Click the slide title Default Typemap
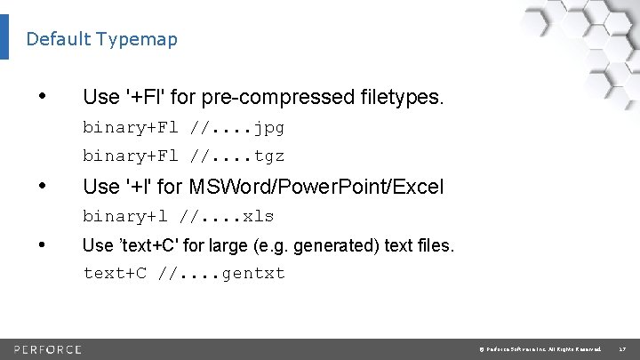(101, 39)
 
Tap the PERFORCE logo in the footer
(48, 348)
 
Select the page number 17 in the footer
(622, 348)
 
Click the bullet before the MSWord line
(43, 187)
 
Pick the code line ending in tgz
(183, 156)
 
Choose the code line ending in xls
(178, 216)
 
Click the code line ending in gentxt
(184, 273)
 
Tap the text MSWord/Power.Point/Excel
(341, 187)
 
